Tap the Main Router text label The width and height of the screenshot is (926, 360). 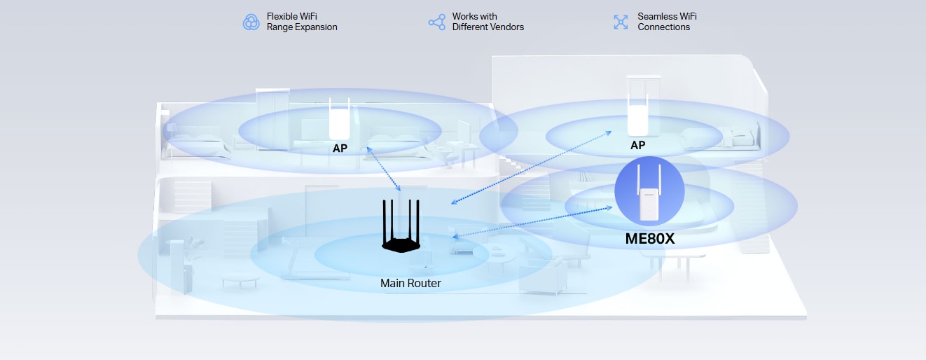(x=410, y=284)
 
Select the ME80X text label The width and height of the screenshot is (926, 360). (x=649, y=239)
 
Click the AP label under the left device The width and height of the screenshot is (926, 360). (x=340, y=148)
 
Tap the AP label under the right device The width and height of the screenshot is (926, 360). (x=637, y=145)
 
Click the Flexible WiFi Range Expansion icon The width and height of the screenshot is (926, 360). (x=251, y=22)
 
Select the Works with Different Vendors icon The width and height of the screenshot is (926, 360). (x=436, y=22)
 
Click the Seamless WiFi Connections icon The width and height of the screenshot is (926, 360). (x=621, y=22)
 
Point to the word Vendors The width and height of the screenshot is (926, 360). (x=506, y=27)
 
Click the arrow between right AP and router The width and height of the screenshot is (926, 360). (x=531, y=167)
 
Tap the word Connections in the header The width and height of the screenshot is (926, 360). (x=663, y=27)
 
